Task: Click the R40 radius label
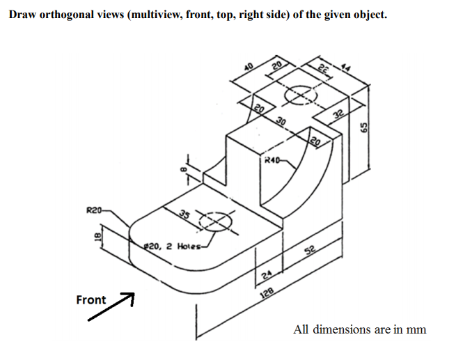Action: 271,162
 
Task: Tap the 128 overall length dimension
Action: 267,295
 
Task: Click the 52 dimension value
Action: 308,253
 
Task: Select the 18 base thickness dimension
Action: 98,236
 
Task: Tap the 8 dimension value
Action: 183,168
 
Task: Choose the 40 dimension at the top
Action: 248,67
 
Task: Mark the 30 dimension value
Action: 281,123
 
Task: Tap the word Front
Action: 91,300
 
